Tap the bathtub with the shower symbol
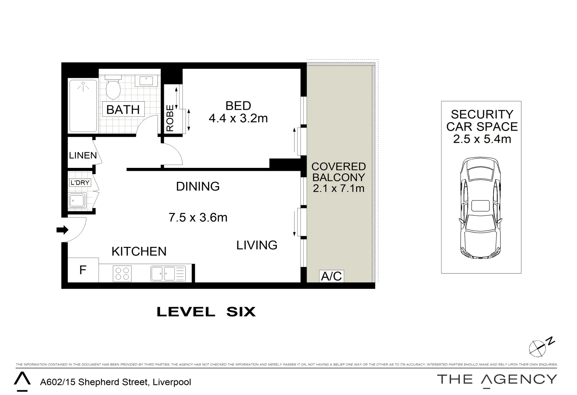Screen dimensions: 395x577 (84, 106)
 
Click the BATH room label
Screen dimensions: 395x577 (123, 109)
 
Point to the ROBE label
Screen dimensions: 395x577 (170, 118)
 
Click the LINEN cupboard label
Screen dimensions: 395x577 (83, 155)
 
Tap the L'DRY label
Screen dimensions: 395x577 (80, 182)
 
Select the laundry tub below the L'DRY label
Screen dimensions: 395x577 (77, 200)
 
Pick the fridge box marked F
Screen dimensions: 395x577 (83, 270)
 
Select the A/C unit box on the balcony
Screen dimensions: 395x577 (332, 276)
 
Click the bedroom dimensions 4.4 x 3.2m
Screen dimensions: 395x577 (238, 118)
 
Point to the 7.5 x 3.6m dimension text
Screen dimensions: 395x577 (198, 218)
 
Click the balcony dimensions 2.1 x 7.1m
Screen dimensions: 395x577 (339, 188)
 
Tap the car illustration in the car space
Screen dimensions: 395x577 (480, 208)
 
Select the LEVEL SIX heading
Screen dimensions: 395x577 (206, 312)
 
